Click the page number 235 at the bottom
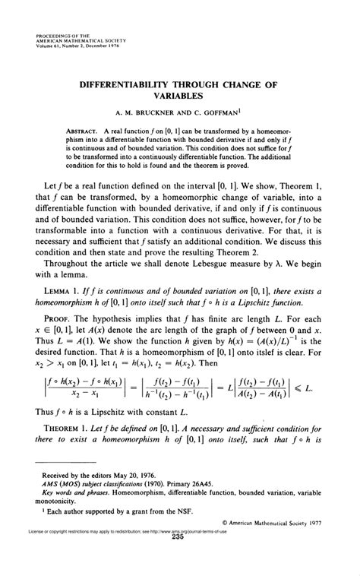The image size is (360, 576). tap(179, 559)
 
